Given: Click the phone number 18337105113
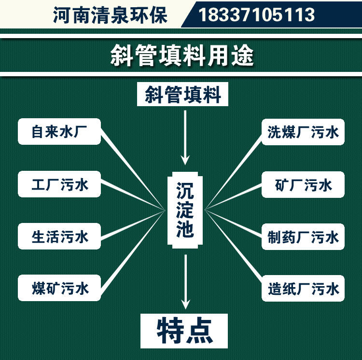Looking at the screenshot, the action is click(x=256, y=14).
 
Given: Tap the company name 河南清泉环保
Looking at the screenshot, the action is click(x=110, y=14).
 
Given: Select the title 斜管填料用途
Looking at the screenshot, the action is click(x=181, y=56).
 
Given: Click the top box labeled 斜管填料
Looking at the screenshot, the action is click(x=183, y=95).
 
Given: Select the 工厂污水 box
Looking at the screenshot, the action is click(x=59, y=184).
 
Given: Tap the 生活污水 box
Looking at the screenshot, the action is click(x=59, y=236).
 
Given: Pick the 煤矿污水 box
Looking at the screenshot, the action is click(x=59, y=288).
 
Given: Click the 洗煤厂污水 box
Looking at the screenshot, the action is click(x=303, y=132).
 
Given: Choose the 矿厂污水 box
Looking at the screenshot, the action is click(x=303, y=184).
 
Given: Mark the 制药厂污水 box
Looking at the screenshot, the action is click(x=303, y=236).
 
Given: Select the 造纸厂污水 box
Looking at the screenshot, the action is click(x=303, y=288).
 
